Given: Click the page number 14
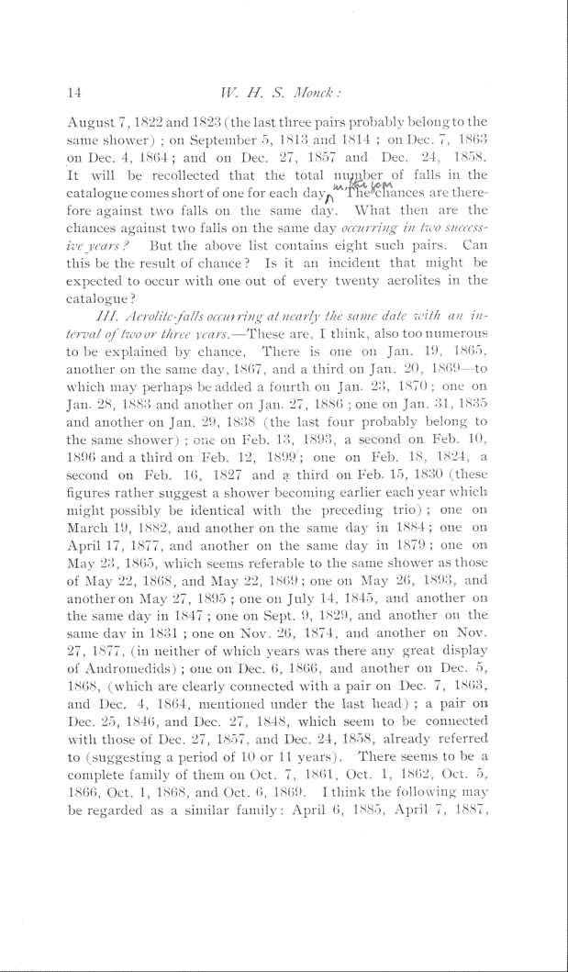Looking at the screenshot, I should coord(76,91).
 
